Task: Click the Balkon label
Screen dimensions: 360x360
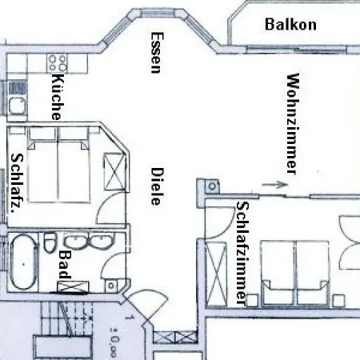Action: pos(290,24)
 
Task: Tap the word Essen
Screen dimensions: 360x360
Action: pos(156,53)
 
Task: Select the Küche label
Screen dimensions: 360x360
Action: pos(58,96)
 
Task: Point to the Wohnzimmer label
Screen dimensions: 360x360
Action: pos(293,124)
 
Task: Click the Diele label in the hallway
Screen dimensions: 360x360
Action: pos(156,186)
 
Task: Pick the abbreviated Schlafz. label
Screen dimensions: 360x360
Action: pos(17,183)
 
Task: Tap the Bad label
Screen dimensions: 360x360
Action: pos(65,265)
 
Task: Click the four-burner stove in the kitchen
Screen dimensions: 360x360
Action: pos(57,63)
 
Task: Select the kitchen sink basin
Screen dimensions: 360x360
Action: pos(17,106)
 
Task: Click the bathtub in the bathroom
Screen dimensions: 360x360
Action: pos(23,262)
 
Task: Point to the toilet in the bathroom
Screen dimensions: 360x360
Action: pos(50,242)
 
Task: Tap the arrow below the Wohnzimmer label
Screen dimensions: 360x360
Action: pos(275,184)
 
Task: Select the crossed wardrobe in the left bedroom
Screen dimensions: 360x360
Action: pos(114,172)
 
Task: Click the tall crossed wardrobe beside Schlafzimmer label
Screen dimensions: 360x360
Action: pos(217,274)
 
